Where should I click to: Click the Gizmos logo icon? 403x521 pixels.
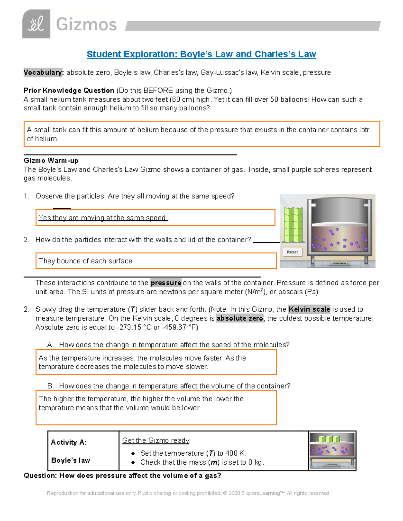36,24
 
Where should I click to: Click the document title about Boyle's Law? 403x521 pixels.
201,54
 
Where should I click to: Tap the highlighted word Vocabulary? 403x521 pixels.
43,72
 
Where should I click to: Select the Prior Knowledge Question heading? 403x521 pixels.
69,90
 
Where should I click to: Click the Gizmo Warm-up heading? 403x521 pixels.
51,160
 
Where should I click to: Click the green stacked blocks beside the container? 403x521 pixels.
293,224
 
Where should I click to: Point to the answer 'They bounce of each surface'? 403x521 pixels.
85,261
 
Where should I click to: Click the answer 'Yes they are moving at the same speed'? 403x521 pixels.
103,218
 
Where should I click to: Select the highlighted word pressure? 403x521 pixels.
166,283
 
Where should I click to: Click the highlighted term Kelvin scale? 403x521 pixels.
309,309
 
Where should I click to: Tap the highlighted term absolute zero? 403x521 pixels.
240,318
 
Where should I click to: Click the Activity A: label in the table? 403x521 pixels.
69,442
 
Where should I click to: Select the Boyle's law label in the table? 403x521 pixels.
71,460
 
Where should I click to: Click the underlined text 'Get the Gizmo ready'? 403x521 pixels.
156,440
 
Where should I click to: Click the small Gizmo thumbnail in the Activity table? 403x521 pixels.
332,451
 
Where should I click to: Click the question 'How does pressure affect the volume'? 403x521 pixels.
122,475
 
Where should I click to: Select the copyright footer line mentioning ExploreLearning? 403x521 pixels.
188,493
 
